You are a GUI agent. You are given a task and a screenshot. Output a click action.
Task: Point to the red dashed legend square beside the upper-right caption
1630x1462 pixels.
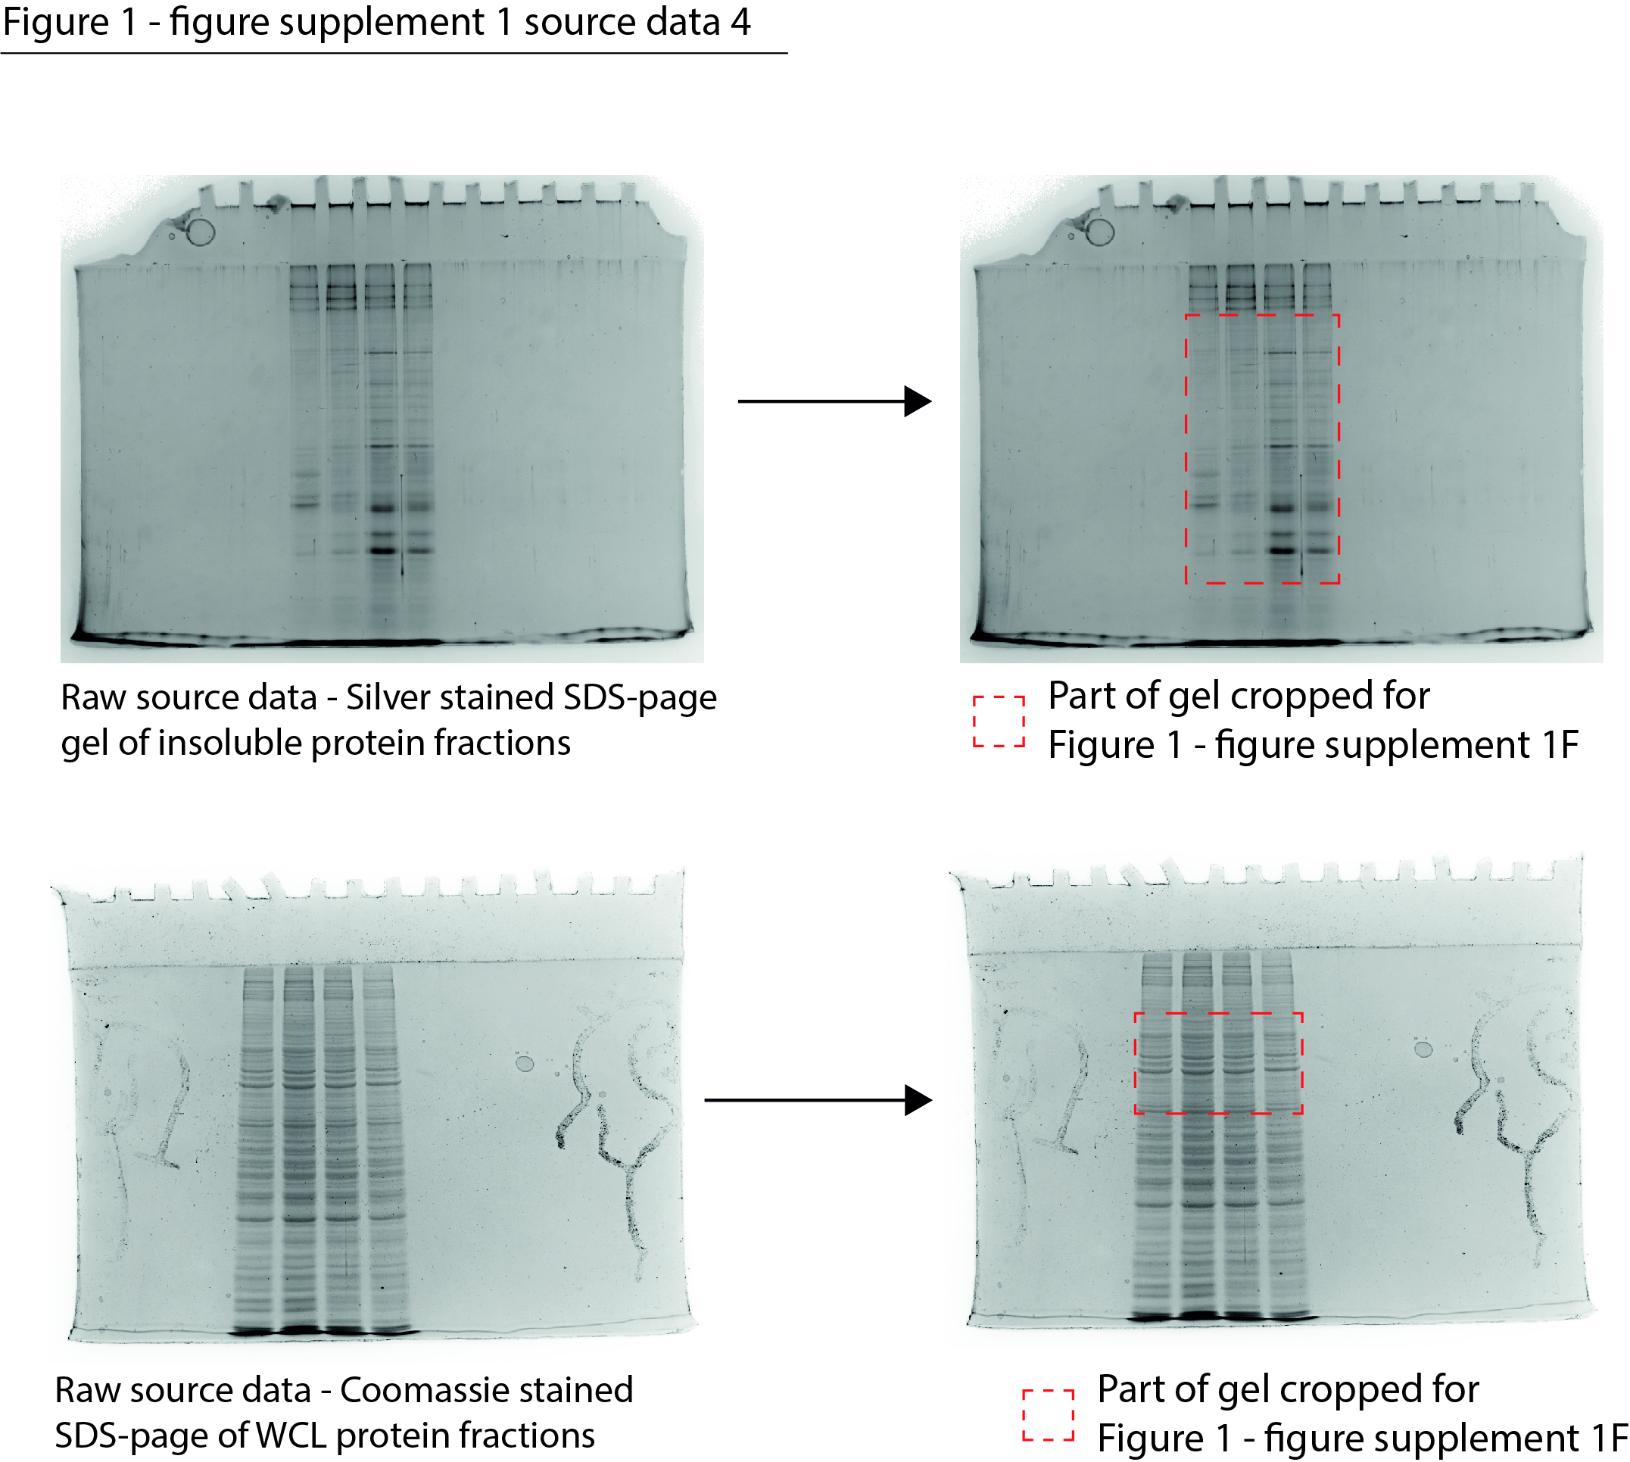[x=998, y=722]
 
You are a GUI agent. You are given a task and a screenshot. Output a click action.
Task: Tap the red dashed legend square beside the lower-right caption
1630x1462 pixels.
[x=1048, y=1414]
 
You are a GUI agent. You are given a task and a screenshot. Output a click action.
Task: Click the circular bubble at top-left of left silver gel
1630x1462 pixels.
[x=200, y=232]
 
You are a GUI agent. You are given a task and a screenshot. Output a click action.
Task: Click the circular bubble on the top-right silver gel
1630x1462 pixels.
[x=1100, y=232]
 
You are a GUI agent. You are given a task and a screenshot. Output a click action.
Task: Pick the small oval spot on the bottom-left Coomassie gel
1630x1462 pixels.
[x=525, y=1065]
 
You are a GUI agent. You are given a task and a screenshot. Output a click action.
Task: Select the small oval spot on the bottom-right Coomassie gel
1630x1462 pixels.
[x=1423, y=1049]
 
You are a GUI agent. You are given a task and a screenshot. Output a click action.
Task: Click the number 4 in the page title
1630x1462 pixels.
[x=740, y=22]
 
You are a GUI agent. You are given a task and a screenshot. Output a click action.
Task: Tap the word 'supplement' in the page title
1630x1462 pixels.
[x=382, y=23]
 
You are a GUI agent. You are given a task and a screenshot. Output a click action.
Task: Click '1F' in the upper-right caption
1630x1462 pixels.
[x=1560, y=745]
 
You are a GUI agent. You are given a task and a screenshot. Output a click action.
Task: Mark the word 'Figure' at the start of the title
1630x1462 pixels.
[x=55, y=22]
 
